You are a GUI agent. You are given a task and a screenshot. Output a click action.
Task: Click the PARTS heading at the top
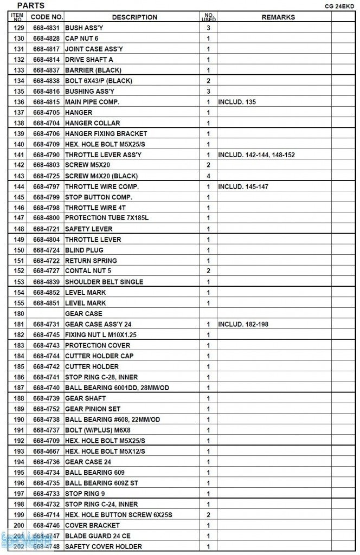31,5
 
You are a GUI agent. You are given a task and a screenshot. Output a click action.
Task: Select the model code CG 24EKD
339,7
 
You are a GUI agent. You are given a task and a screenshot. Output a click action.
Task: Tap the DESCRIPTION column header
134,17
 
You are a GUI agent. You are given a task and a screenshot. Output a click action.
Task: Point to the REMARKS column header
278,17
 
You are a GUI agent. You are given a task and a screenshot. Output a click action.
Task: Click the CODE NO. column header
47,17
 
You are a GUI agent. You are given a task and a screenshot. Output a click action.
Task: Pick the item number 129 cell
19,28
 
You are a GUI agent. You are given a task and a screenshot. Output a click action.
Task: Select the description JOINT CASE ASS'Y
94,49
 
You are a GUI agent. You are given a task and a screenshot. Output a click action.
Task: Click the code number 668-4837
47,70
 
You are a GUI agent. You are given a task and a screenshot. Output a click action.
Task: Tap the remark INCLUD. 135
237,102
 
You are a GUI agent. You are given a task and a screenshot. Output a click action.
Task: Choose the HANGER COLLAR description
92,123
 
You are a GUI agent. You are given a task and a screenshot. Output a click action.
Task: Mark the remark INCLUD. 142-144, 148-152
256,155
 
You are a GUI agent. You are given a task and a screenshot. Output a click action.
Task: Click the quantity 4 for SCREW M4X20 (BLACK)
208,176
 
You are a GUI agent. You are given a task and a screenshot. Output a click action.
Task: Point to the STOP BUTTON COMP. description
98,197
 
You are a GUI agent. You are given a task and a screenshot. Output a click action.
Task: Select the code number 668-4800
47,218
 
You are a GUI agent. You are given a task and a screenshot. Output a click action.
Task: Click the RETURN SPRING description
91,261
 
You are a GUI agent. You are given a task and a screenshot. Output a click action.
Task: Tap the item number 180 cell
19,314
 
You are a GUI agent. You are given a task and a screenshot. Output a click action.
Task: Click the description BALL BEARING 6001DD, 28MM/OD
117,388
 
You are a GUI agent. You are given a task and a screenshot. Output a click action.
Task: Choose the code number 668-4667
47,451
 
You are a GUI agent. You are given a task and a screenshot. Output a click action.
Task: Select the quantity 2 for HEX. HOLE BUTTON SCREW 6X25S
208,515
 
